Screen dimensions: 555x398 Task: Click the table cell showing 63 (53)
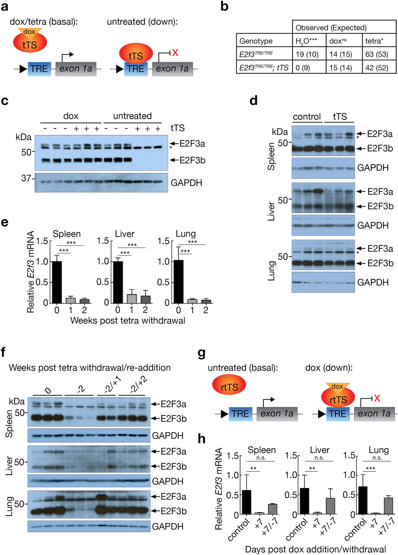coord(377,54)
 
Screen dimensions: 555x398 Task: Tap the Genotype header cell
coord(256,41)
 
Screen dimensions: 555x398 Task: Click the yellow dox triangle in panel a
coord(30,32)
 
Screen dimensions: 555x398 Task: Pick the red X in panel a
coord(175,53)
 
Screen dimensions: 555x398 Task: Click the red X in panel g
coord(377,398)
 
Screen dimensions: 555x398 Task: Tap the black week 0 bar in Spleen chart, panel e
coord(57,282)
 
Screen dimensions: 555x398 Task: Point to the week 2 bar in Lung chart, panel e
coord(206,301)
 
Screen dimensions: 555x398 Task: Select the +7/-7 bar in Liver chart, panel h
coord(330,506)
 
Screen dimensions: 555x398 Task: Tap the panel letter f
coord(3,352)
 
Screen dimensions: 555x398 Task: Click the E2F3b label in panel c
coord(192,160)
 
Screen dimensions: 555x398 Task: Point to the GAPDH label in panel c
coord(186,183)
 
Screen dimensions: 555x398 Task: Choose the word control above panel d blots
coord(307,117)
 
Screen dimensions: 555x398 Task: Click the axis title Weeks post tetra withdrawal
coord(128,321)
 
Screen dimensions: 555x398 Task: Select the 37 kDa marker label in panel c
coord(26,178)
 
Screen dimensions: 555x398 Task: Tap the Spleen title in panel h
coord(261,450)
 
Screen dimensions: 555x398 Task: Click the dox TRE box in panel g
coord(338,414)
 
